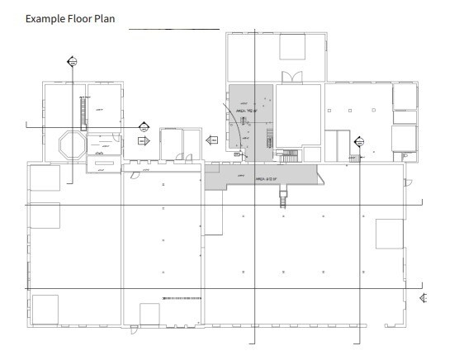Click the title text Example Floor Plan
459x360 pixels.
click(70, 18)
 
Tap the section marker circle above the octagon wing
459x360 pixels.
click(72, 60)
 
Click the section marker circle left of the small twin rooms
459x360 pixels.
click(144, 126)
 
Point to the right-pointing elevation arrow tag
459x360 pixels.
click(142, 141)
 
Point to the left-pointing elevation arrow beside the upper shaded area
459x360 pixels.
click(211, 140)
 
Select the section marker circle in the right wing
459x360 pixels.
click(359, 142)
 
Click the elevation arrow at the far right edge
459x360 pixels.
click(423, 297)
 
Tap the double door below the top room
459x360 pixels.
click(291, 77)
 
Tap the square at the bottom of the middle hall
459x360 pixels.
click(149, 314)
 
